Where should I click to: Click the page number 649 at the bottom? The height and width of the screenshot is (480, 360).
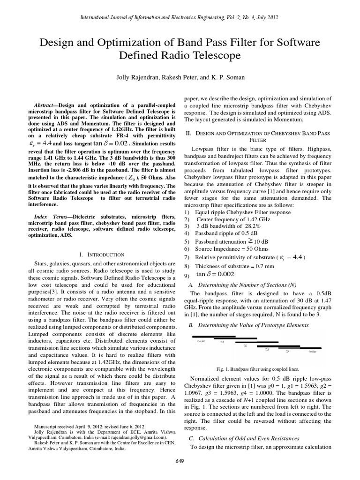click(180, 462)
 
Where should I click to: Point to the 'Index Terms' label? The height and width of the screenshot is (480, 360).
click(50, 217)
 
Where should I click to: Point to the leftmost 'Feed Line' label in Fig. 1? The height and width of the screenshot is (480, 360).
click(200, 341)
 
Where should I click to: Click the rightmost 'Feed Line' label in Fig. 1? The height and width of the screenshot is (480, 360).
click(313, 351)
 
